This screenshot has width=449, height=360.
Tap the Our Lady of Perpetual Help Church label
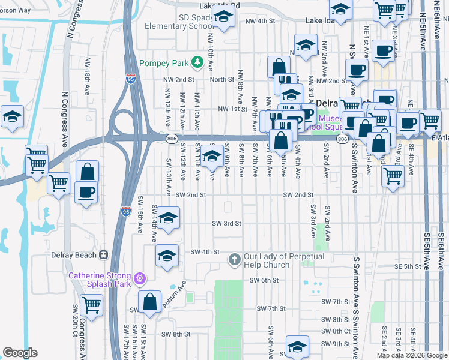click(283, 260)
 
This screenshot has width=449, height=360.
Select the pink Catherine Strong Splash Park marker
click(140, 278)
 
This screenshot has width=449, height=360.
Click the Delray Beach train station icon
click(103, 255)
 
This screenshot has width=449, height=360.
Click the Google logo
click(20, 353)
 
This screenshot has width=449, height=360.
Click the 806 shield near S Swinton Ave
click(342, 139)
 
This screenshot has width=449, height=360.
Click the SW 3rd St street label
click(226, 223)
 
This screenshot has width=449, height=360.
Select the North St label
click(221, 79)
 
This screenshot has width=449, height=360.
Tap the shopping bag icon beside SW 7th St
click(149, 301)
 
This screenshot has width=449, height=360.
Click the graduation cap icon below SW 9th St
click(297, 346)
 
